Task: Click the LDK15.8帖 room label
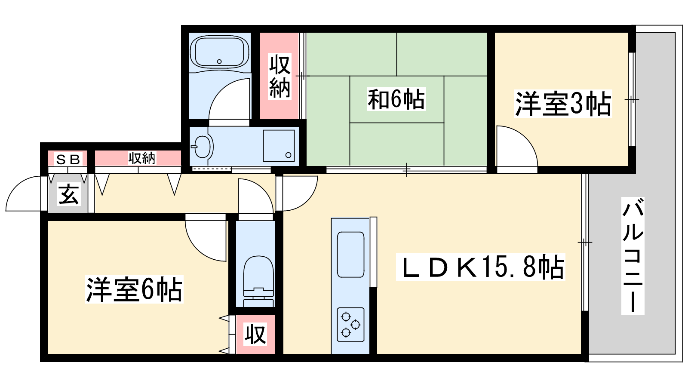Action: coord(480,267)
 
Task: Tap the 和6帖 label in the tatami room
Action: coord(396,99)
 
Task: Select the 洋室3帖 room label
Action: coord(563,104)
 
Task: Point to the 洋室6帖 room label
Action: coord(134,289)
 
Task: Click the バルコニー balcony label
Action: coord(633,255)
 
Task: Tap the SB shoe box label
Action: coord(68,159)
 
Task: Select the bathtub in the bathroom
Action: coord(219,52)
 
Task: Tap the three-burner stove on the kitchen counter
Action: coord(350,325)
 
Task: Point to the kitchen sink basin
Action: coord(350,255)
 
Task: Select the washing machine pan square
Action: coord(279,146)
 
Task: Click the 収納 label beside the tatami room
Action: coord(279,76)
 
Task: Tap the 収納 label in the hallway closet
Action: coord(142,158)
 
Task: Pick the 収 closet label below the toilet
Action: coord(255,335)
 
